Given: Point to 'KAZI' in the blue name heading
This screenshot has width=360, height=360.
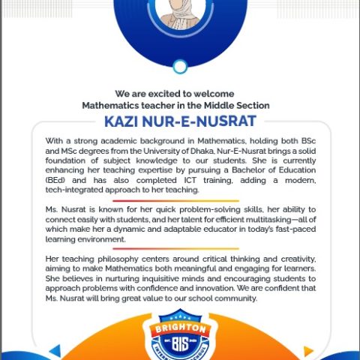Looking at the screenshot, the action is pos(121,121).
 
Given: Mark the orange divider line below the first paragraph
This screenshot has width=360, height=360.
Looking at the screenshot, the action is pos(180,200).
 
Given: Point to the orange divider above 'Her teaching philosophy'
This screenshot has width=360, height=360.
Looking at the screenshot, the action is pos(180,249).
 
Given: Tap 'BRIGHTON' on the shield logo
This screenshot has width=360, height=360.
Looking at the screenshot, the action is pos(179,330).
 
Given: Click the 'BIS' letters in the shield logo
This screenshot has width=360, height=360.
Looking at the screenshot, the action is pos(179,346).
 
